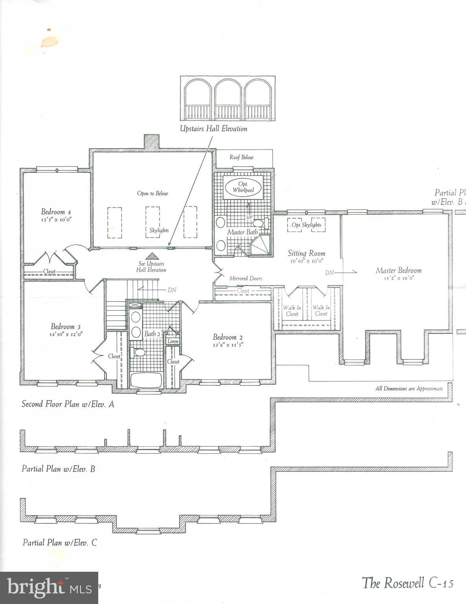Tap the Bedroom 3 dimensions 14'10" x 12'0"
point(66,334)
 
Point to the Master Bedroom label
point(398,270)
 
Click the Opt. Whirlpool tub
point(243,187)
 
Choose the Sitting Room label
point(306,253)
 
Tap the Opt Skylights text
point(306,225)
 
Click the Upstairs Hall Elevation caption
point(213,129)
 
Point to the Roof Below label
point(242,157)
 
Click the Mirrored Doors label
point(246,278)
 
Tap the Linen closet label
point(173,341)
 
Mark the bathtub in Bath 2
point(146,381)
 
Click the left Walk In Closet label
point(292,311)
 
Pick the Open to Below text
point(152,193)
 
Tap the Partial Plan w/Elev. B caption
point(58,469)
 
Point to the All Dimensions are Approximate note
point(409,389)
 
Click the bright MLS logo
point(49,588)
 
